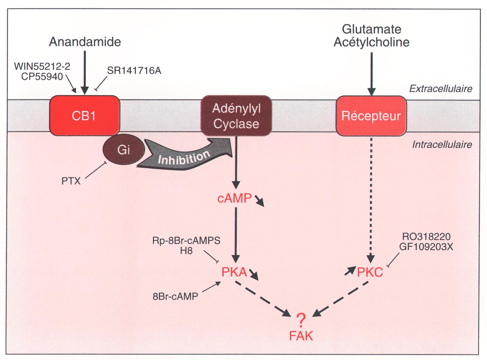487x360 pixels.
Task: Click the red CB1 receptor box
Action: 84,115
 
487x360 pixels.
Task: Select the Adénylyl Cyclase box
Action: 236,116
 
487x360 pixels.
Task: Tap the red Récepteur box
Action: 371,116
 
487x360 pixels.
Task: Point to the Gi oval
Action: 123,150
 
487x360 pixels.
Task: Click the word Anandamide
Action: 85,42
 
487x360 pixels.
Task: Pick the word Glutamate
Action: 371,29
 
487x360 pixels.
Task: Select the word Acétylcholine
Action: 371,42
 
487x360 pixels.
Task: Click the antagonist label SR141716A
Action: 134,71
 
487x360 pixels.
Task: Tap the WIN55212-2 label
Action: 42,66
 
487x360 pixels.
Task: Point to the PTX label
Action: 71,181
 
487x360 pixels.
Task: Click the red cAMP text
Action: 234,198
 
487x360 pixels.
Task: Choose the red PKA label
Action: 234,272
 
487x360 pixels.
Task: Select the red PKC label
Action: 370,272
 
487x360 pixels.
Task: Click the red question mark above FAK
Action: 301,320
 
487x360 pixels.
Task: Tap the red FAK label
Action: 301,336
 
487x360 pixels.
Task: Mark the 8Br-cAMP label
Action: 175,296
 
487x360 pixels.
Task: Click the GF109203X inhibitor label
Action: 426,247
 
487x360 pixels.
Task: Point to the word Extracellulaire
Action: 440,89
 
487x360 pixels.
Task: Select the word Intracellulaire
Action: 442,145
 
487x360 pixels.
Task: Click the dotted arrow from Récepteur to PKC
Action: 371,200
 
